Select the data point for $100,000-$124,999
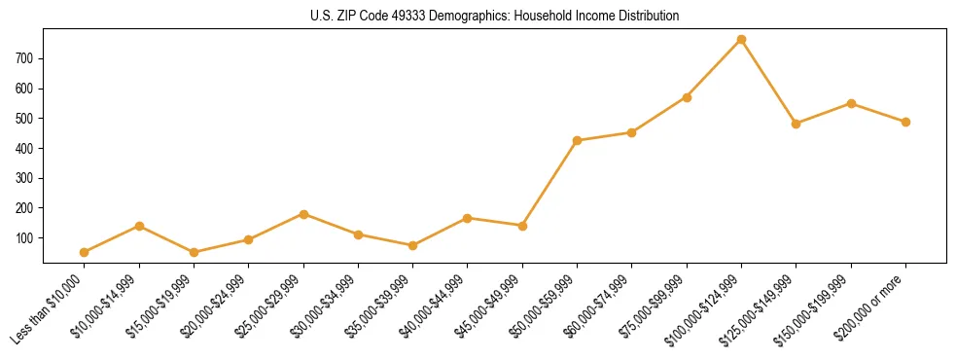coord(742,39)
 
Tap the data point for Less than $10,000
coord(85,252)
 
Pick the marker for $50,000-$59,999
coord(578,140)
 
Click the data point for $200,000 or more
coord(906,122)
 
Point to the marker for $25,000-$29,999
coord(303,214)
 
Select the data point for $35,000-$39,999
coord(413,245)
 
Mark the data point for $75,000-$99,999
coord(688,97)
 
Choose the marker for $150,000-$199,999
coord(851,103)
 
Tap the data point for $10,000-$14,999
coord(139,226)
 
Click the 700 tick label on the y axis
coord(24,58)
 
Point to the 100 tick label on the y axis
coord(24,237)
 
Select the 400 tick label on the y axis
coord(24,148)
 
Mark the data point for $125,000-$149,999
coord(797,124)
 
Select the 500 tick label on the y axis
coord(24,118)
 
